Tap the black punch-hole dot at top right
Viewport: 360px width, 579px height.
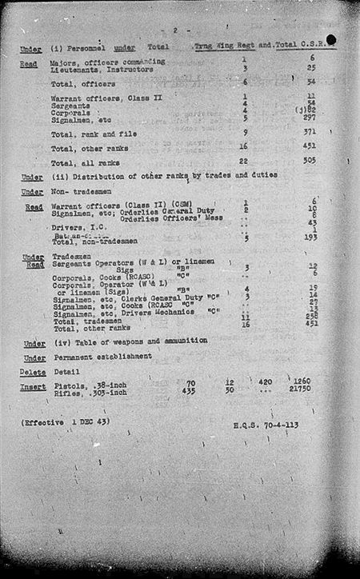click(331, 38)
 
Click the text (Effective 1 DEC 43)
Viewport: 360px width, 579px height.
click(66, 421)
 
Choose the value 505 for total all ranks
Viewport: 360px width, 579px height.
click(310, 160)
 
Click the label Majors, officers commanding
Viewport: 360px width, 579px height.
click(108, 61)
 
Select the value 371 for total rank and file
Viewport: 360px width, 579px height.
click(310, 131)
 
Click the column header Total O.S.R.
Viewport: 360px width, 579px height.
click(305, 49)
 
